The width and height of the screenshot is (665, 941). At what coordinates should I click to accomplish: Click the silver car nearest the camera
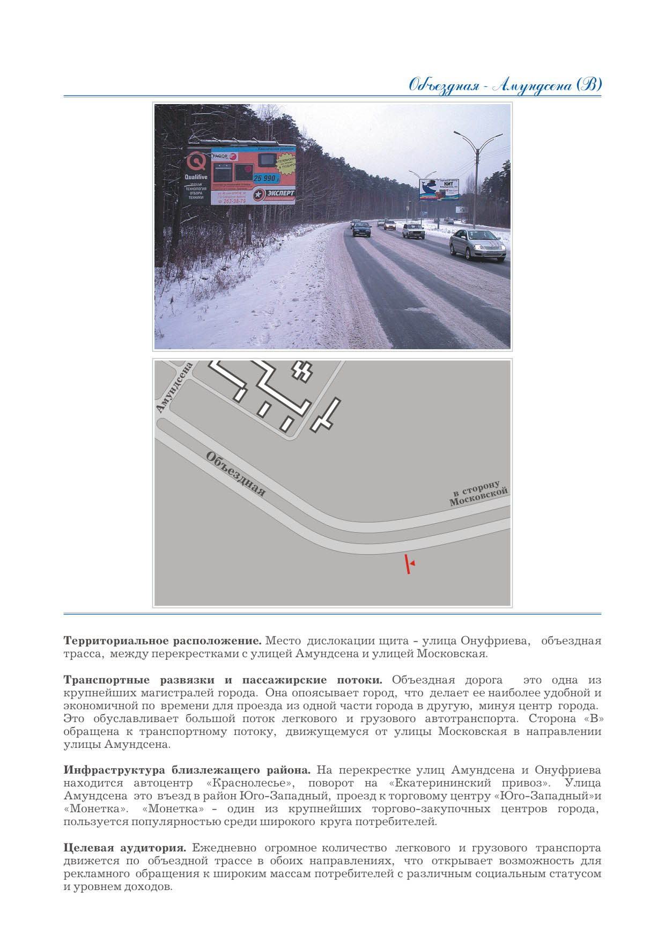[x=477, y=244]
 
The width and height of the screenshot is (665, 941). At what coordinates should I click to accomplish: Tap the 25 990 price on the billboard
[x=267, y=178]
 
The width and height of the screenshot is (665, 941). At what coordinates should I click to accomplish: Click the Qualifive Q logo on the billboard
[x=196, y=163]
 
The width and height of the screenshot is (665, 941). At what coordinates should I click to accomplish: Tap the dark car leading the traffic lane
[x=361, y=229]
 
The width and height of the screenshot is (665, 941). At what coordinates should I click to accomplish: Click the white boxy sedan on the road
[x=413, y=231]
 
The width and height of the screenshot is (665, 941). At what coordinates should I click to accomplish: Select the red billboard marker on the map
[x=409, y=564]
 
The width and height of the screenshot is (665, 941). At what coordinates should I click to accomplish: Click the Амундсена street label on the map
[x=174, y=388]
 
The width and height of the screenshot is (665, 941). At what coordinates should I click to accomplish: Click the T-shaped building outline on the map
[x=325, y=415]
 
